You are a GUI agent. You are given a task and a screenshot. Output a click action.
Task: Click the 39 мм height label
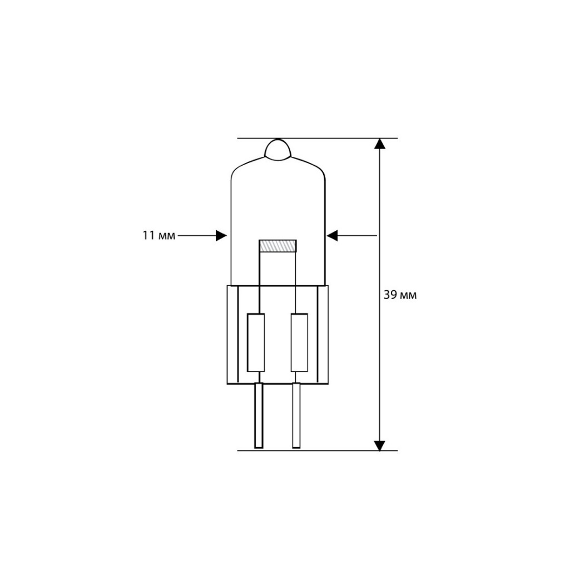point(400,295)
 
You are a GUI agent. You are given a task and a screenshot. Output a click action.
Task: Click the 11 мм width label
point(158,236)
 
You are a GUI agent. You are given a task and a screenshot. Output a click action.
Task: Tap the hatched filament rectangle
point(278,246)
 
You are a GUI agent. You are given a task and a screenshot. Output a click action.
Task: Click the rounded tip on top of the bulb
point(277,149)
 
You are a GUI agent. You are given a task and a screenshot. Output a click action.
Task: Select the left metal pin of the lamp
point(259,415)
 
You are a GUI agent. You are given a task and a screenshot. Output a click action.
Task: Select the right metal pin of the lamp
point(296,415)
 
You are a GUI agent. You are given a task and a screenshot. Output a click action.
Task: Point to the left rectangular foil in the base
point(255,342)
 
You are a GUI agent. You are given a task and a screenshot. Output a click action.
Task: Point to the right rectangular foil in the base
point(299,342)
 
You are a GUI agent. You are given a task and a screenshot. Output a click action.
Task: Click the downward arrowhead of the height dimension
point(379,445)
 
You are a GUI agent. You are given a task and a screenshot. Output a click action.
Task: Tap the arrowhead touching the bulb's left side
point(222,236)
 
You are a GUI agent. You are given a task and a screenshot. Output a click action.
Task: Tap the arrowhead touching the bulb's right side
point(332,236)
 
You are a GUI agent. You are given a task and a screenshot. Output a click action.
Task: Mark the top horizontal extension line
point(317,138)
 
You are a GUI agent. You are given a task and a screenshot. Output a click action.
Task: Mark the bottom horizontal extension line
point(317,450)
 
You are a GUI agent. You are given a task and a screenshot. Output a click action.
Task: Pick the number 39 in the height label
point(389,295)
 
